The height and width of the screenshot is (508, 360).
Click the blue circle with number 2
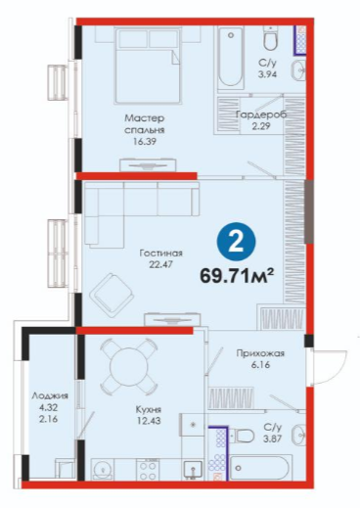click(x=237, y=242)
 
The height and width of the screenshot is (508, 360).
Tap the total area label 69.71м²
click(x=237, y=276)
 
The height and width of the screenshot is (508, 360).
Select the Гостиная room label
click(x=160, y=254)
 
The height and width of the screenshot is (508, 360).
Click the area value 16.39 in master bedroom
click(x=145, y=142)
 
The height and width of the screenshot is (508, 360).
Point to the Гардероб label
click(x=261, y=115)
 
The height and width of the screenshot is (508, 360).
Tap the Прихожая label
click(x=260, y=353)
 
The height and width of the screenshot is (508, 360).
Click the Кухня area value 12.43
click(x=149, y=421)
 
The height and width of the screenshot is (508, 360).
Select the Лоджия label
click(x=50, y=396)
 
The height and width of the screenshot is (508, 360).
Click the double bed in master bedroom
click(x=147, y=66)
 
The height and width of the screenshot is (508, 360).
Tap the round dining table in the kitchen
click(x=127, y=365)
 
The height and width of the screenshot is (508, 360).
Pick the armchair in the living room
click(x=112, y=296)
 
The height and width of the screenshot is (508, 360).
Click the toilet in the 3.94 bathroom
click(x=271, y=37)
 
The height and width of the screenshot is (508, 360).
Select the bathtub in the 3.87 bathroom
click(x=259, y=467)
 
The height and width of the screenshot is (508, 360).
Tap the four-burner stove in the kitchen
click(x=148, y=469)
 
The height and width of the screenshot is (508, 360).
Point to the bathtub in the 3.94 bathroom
click(x=231, y=57)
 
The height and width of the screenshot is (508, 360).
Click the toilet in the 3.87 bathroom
click(x=242, y=436)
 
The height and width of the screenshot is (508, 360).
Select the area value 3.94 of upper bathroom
click(x=267, y=74)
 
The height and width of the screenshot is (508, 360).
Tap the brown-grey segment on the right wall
click(x=309, y=211)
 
